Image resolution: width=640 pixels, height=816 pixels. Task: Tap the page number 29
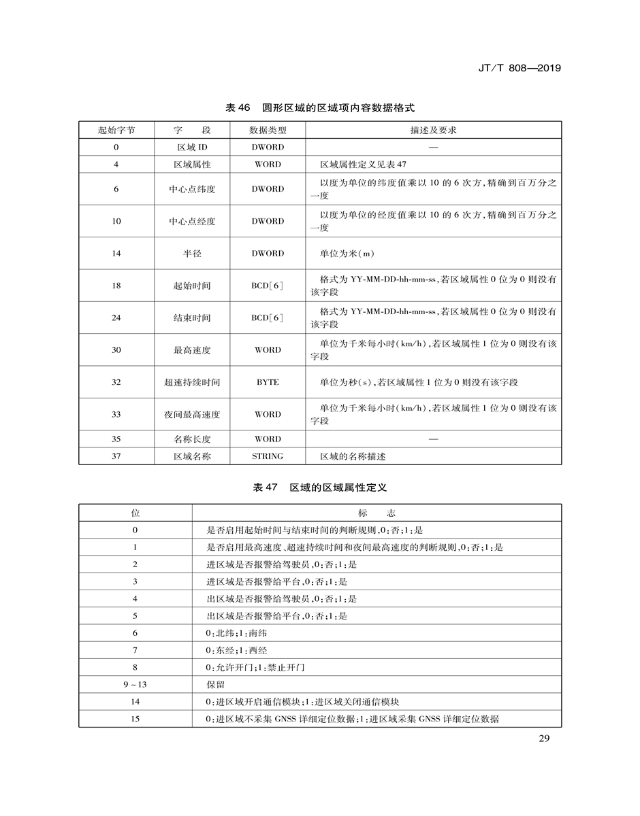[x=543, y=740]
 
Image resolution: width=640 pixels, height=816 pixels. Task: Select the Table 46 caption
[x=319, y=108]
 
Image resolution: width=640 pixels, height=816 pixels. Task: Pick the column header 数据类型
[x=268, y=130]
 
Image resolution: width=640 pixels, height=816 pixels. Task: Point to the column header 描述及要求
[x=433, y=130]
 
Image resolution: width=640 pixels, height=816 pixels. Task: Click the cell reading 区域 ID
[x=192, y=147]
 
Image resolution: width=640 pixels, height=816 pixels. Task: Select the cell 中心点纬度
[x=192, y=189]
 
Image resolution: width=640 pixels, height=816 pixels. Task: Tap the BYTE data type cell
[x=268, y=382]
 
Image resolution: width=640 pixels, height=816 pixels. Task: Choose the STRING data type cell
[x=268, y=456]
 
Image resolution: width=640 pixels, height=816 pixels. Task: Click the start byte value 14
[x=116, y=254]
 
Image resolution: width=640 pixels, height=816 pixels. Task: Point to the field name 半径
[x=192, y=254]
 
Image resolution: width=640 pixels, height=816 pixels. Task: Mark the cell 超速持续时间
[x=192, y=382]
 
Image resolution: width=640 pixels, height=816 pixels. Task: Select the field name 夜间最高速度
[x=192, y=414]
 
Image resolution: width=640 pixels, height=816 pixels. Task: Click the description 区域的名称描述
[x=353, y=456]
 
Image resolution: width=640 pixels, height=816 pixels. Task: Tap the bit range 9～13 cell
[x=135, y=684]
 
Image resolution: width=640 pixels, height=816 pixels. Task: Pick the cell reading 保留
[x=216, y=684]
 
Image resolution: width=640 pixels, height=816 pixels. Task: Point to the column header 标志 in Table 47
[x=377, y=512]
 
